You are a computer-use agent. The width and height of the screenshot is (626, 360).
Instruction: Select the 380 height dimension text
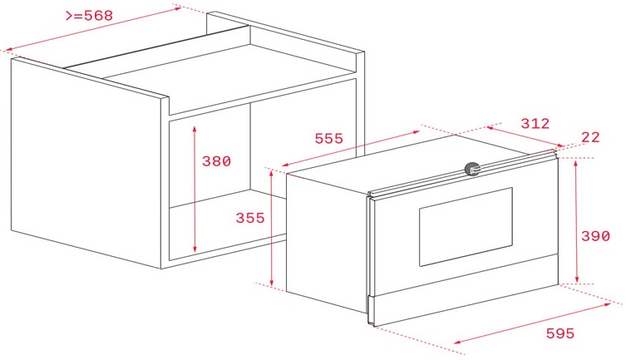216,161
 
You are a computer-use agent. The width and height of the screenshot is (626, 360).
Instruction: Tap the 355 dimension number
249,218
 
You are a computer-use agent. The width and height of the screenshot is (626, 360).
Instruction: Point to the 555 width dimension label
328,139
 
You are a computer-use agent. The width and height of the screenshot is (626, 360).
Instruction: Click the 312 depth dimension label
535,123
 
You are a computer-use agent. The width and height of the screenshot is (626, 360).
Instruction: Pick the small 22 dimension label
591,137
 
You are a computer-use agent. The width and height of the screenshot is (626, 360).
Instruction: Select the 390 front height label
595,236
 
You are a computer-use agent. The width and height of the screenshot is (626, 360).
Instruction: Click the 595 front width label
560,333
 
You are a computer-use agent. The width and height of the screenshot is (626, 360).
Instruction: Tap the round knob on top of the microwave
472,169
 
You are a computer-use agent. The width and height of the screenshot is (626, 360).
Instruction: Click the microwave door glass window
466,226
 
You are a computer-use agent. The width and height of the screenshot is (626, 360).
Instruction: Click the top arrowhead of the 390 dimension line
577,161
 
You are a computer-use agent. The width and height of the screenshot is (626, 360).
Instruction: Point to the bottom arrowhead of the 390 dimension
577,280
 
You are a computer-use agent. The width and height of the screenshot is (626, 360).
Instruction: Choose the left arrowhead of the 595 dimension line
456,343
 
